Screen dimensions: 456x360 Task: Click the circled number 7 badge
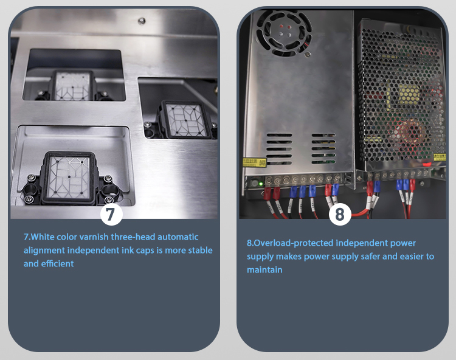[111, 214]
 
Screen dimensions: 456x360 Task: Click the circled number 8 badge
[340, 214]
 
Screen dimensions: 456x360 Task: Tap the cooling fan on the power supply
[284, 32]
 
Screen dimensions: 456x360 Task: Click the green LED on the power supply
[261, 184]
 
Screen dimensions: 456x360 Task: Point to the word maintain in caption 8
[264, 270]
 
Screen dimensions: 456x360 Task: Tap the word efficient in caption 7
[57, 264]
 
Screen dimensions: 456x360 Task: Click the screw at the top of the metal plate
[142, 21]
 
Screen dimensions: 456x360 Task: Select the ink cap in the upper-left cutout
[72, 86]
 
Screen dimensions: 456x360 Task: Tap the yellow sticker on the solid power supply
[255, 162]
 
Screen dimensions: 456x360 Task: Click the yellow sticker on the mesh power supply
[440, 157]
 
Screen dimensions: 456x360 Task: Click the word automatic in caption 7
[178, 237]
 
